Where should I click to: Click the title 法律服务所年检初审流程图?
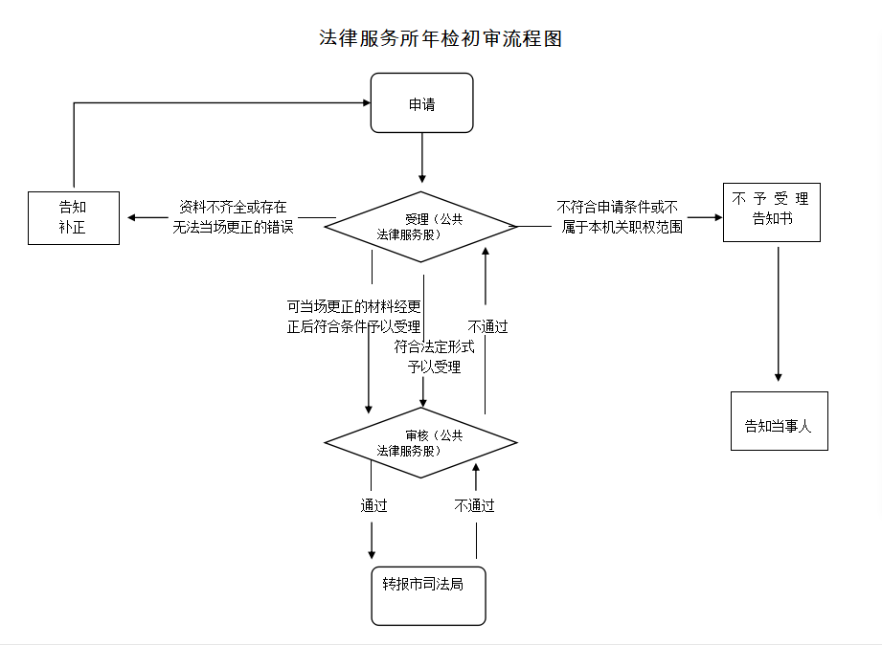440,38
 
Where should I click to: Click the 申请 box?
422,103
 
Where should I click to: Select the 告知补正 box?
74,217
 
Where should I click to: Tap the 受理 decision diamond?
421,227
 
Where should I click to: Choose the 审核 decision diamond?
421,442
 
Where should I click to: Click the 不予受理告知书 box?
771,211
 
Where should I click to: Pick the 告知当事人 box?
778,420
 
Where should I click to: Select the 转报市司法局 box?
428,595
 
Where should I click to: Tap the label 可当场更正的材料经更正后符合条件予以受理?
353,316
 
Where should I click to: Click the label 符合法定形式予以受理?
435,356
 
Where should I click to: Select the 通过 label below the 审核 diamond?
373,506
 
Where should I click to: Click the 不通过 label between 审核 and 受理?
488,327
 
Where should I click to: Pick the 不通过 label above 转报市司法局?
475,506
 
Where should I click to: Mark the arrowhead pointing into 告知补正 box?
133,217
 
